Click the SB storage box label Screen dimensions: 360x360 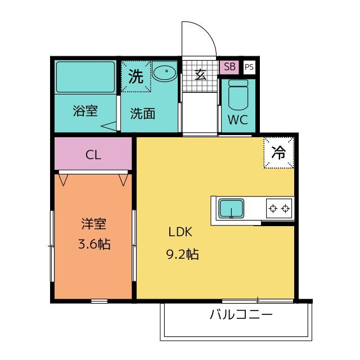(229, 66)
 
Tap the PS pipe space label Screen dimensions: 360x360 (249, 67)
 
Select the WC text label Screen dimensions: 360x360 (238, 120)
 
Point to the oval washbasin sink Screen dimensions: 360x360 (165, 72)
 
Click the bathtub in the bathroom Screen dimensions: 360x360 (85, 77)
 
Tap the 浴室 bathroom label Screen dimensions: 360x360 (85, 111)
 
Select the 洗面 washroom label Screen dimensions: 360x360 (142, 114)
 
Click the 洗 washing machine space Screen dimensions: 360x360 (136, 76)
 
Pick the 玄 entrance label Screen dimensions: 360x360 (200, 74)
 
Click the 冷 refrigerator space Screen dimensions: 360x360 (279, 152)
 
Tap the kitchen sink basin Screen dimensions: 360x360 (231, 208)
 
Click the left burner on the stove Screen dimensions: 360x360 (273, 209)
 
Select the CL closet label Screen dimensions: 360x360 (93, 155)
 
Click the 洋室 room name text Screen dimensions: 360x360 (94, 224)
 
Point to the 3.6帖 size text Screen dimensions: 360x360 (94, 244)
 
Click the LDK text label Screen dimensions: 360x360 (181, 232)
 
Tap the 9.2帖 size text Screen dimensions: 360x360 (182, 254)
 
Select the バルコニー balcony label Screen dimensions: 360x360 (241, 314)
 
